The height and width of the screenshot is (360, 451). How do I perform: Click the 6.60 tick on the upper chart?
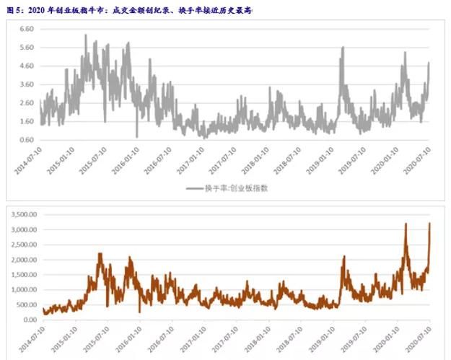click(27, 29)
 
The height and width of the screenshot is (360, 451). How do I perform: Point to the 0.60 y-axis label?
click(27, 140)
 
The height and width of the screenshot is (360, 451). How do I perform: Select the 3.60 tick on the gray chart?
click(27, 84)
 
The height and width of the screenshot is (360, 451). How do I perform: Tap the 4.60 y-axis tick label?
click(27, 66)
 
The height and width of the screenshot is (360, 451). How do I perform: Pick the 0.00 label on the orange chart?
click(28, 320)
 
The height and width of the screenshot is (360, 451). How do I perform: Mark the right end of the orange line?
click(430, 224)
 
